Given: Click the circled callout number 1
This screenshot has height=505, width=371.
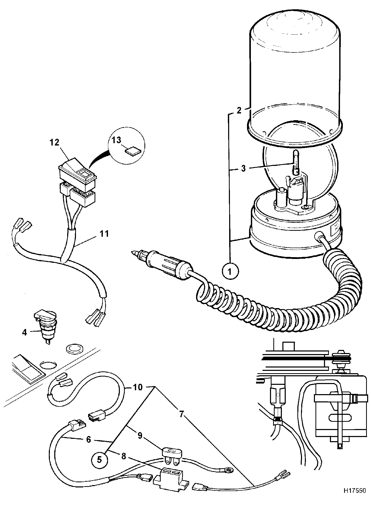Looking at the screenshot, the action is click(230, 271).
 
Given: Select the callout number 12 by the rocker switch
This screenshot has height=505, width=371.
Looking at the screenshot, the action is click(55, 142).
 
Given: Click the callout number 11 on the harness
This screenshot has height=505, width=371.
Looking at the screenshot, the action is click(104, 234).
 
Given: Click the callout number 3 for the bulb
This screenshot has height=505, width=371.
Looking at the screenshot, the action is click(243, 168).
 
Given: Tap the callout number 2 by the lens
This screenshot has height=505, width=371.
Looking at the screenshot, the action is click(239, 110).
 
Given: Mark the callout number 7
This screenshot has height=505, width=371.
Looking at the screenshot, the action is click(181, 414).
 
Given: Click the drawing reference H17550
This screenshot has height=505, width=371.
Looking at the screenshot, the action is click(355, 498).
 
